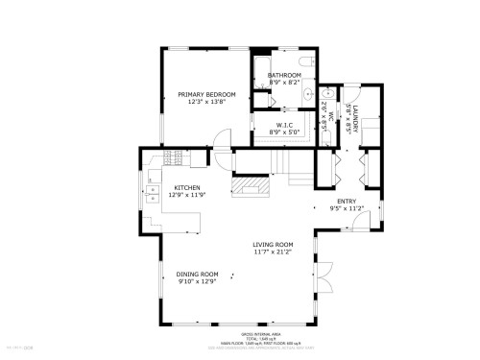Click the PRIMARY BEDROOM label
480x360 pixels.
click(x=206, y=93)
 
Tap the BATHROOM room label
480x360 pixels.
click(x=284, y=75)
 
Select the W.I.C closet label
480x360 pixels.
click(x=284, y=124)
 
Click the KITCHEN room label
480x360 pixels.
click(x=186, y=188)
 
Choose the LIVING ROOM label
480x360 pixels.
click(x=273, y=245)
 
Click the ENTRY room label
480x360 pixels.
click(x=347, y=200)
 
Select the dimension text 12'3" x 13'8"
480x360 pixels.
click(x=206, y=101)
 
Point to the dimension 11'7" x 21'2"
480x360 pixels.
click(x=273, y=252)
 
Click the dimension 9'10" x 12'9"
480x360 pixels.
click(x=197, y=281)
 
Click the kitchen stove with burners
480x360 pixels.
click(x=174, y=156)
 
